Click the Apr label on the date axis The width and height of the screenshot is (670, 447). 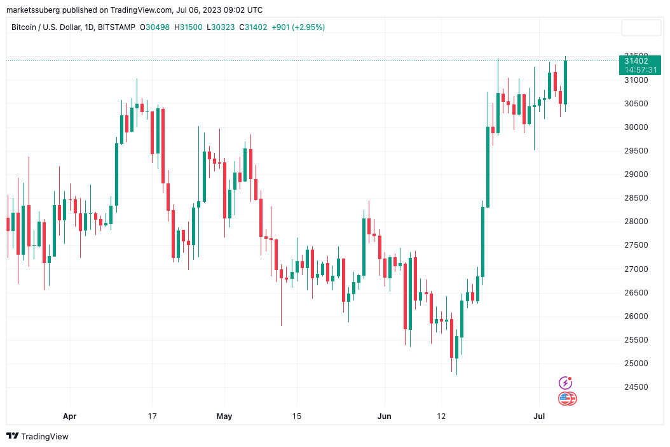70,416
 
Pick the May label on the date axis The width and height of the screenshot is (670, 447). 224,416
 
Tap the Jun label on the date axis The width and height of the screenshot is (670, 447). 385,416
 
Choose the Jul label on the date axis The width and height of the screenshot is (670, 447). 538,416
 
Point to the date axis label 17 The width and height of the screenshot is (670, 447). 153,416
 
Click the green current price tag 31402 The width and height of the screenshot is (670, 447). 639,61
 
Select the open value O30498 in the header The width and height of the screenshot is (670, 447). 158,27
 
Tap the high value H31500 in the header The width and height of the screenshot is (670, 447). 191,27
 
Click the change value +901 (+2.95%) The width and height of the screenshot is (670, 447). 297,27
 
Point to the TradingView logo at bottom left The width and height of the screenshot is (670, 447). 38,436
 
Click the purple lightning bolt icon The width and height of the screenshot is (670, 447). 565,383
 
